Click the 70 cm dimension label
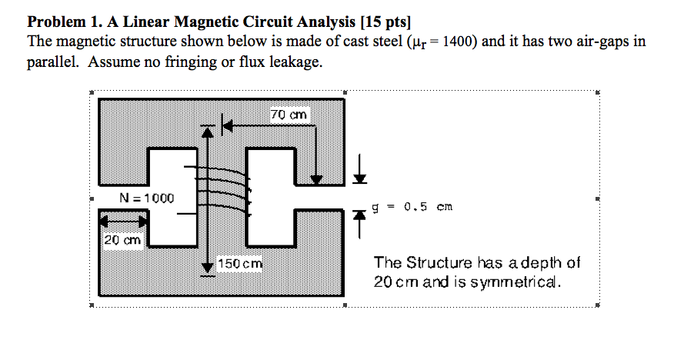click(289, 115)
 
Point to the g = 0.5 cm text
click(412, 206)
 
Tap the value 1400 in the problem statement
click(460, 41)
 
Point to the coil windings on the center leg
click(223, 188)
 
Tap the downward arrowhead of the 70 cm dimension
click(316, 180)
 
